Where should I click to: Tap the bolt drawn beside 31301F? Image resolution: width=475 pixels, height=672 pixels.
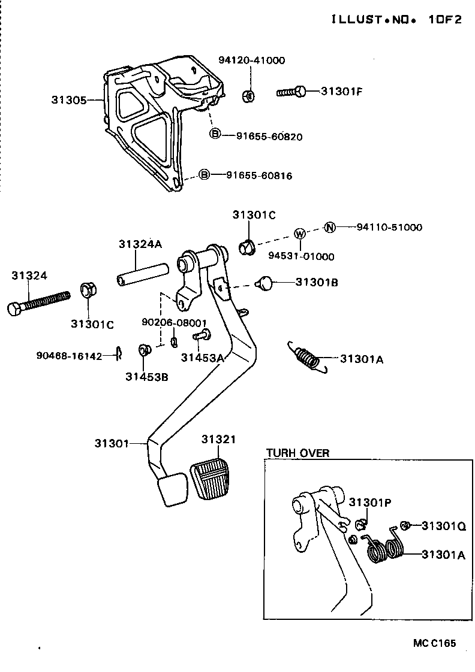click(291, 92)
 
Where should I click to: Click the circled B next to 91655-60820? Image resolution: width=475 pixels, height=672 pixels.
click(215, 134)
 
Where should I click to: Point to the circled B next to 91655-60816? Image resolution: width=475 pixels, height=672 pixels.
click(204, 175)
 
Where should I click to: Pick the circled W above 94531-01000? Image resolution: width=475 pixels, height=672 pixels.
click(300, 233)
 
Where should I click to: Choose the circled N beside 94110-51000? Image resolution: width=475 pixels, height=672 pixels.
click(329, 227)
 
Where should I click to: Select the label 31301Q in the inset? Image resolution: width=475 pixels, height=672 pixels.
click(443, 526)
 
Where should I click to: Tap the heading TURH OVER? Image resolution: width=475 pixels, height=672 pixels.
click(297, 453)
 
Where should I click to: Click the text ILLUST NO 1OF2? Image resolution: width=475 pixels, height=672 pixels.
click(396, 20)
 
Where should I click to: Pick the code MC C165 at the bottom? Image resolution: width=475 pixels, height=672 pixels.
click(434, 643)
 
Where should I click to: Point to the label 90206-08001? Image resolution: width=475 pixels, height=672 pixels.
click(175, 322)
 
